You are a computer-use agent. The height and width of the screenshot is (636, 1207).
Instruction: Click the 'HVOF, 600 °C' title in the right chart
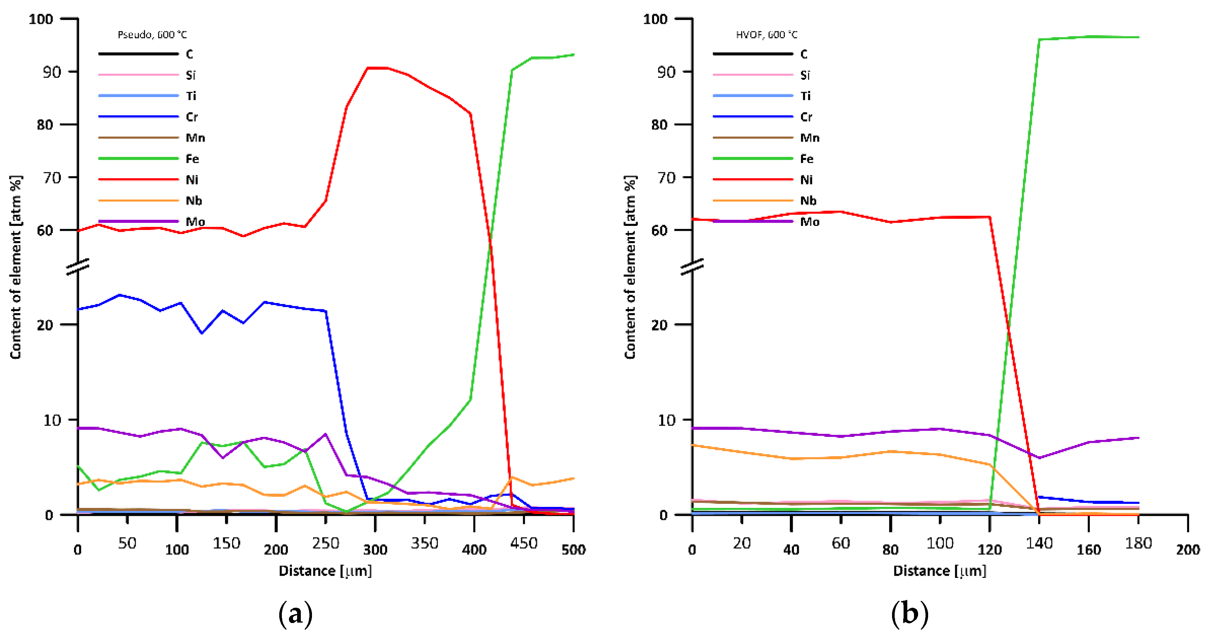click(767, 35)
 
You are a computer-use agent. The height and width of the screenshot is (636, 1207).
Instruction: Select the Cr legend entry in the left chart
click(191, 117)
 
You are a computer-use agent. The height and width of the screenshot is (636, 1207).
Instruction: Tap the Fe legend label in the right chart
click(807, 159)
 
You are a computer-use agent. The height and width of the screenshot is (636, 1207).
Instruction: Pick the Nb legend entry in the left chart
click(193, 201)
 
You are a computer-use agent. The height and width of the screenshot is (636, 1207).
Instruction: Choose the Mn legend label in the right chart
click(810, 138)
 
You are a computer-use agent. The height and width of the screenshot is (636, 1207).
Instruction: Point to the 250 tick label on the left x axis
click(325, 544)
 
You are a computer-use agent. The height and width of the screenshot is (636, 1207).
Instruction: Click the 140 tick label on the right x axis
click(1039, 544)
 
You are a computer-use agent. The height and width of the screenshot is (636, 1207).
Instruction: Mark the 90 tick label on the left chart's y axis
click(52, 72)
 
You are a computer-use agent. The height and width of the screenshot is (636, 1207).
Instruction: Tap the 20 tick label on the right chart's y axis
click(659, 325)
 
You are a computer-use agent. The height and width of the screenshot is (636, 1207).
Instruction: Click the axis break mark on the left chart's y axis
click(78, 266)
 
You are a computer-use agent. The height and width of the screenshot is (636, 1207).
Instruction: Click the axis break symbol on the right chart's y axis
click(692, 266)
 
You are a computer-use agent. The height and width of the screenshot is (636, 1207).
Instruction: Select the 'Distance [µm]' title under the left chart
click(325, 571)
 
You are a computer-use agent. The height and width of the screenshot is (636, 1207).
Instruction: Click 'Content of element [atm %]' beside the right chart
click(630, 267)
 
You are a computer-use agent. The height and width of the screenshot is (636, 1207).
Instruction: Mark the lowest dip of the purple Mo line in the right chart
click(1039, 458)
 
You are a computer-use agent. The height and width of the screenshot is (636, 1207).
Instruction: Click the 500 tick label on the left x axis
click(573, 549)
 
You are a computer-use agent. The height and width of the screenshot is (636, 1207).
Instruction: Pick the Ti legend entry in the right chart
click(805, 96)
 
